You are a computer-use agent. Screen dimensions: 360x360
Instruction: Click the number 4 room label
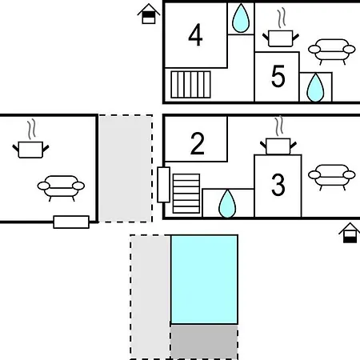pyautogui.click(x=195, y=35)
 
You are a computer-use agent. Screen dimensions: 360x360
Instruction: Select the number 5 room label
pyautogui.click(x=278, y=76)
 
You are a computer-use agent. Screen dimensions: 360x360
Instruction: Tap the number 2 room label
pyautogui.click(x=198, y=143)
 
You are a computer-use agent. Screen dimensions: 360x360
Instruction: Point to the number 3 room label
pyautogui.click(x=278, y=185)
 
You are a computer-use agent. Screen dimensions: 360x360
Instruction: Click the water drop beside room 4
pyautogui.click(x=241, y=18)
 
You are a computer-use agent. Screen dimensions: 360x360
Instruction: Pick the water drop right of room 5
pyautogui.click(x=315, y=87)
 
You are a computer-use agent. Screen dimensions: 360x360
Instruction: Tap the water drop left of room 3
pyautogui.click(x=227, y=204)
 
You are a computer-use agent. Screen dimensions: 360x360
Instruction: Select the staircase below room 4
pyautogui.click(x=190, y=85)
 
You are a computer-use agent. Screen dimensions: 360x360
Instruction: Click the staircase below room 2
pyautogui.click(x=186, y=194)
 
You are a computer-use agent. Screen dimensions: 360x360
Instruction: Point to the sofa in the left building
pyautogui.click(x=61, y=186)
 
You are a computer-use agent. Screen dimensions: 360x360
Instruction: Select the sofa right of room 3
pyautogui.click(x=332, y=175)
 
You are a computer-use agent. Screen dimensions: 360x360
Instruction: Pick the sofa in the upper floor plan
pyautogui.click(x=332, y=50)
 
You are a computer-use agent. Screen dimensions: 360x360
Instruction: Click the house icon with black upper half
pyautogui.click(x=149, y=14)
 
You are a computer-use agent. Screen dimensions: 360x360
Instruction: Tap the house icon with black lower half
pyautogui.click(x=350, y=233)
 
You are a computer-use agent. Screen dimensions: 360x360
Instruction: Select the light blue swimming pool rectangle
pyautogui.click(x=204, y=279)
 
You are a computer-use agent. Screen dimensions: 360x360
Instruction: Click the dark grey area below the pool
pyautogui.click(x=204, y=342)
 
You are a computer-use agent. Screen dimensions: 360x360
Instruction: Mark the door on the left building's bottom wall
pyautogui.click(x=71, y=222)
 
